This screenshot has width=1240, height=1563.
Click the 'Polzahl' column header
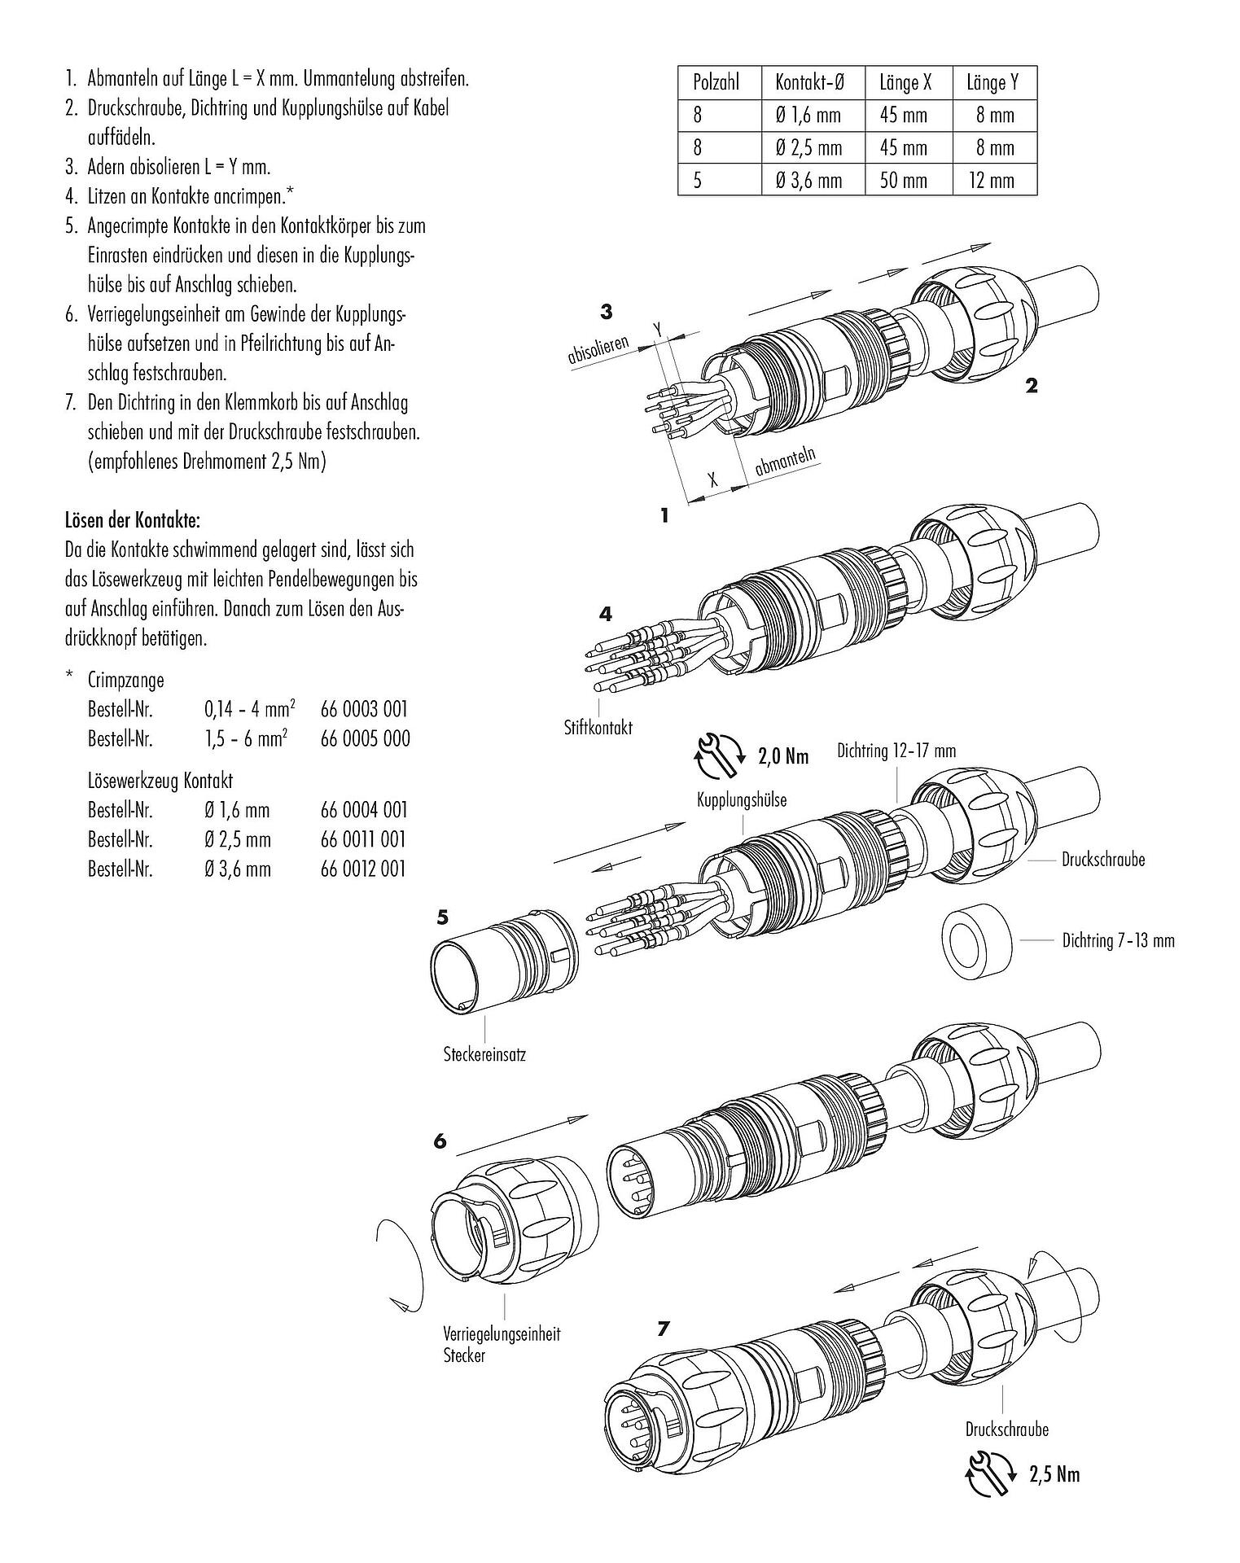tap(716, 82)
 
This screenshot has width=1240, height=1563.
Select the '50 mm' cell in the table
tap(904, 180)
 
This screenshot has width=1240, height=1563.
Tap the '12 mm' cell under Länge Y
tap(992, 180)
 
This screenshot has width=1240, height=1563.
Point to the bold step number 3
tap(606, 311)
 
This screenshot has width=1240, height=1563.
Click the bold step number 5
tap(442, 917)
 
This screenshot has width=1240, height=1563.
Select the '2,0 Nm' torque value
tap(783, 756)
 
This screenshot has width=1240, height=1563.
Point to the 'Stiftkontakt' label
tap(598, 727)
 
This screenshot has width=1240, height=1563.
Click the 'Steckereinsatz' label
tap(484, 1054)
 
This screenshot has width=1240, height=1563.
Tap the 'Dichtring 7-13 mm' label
tap(1118, 941)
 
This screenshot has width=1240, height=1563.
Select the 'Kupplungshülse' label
tap(741, 800)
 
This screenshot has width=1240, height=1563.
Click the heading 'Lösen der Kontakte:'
tap(132, 519)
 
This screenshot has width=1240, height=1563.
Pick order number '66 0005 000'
tap(365, 738)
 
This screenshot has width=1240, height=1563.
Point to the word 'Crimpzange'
tap(125, 680)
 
